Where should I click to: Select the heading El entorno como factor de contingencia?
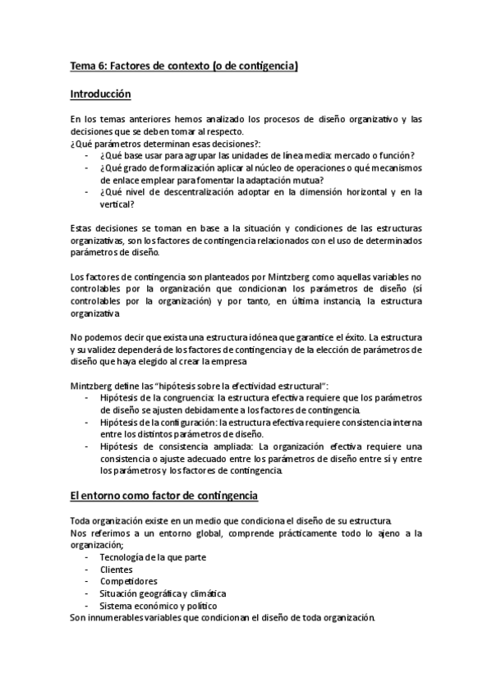[x=164, y=497]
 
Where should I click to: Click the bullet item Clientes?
[x=117, y=570]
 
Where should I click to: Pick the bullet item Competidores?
[x=128, y=581]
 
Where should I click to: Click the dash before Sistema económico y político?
[x=87, y=606]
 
